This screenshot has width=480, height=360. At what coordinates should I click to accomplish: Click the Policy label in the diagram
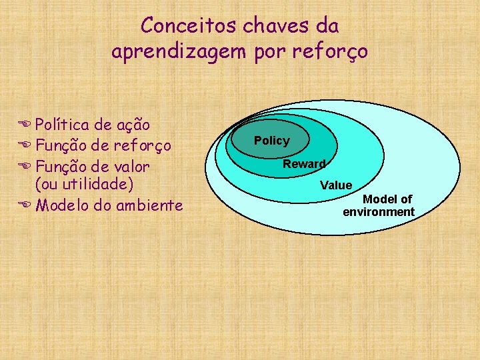272,141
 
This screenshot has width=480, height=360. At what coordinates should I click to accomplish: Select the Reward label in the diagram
304,164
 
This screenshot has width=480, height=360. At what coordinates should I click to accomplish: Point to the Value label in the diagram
336,185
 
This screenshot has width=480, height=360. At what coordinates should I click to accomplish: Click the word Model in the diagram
379,199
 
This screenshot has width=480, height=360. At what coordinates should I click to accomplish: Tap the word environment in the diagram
379,212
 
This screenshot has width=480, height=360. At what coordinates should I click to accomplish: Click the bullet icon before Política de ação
25,125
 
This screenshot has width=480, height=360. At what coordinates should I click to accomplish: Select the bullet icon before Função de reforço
25,145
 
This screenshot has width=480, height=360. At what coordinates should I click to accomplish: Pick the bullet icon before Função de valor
25,166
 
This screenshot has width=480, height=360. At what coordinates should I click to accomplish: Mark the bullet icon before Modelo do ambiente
25,205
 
